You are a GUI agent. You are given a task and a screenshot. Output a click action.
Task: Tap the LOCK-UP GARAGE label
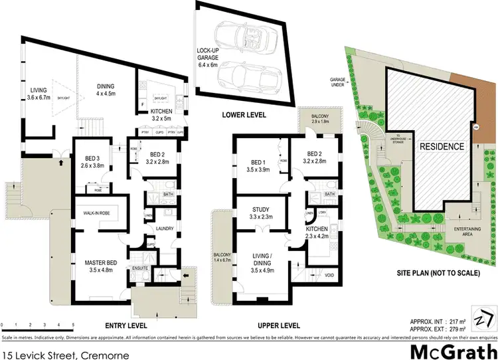(211, 58)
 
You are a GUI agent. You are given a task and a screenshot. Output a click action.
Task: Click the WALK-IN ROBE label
(96, 212)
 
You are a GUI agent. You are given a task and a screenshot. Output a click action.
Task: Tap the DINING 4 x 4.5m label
(106, 90)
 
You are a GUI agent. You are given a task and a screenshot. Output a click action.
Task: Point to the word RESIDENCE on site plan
(440, 145)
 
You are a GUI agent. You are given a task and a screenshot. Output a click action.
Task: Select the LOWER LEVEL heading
(244, 116)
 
